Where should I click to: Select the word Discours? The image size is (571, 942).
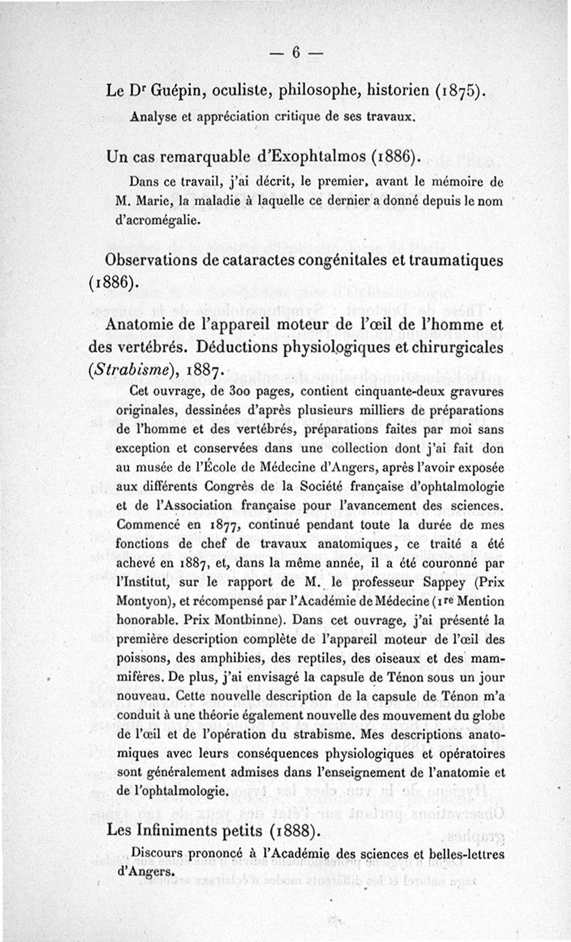pyautogui.click(x=158, y=851)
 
